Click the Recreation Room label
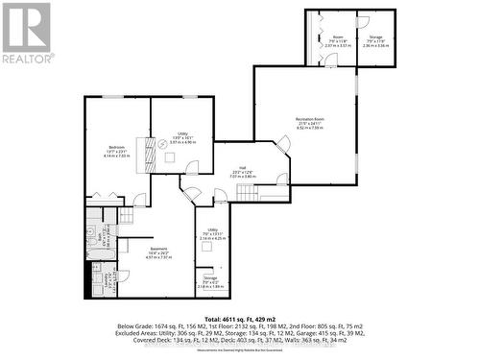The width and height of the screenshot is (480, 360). (x=308, y=119)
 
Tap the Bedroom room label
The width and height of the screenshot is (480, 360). (x=116, y=147)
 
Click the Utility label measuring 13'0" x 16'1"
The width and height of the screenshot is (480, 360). (x=181, y=134)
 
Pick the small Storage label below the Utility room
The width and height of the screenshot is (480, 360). (x=210, y=281)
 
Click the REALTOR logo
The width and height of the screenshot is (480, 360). (x=26, y=33)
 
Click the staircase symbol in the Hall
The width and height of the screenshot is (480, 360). (x=248, y=192)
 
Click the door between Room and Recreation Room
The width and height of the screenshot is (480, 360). (x=330, y=60)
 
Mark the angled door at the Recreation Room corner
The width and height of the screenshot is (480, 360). (x=282, y=144)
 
